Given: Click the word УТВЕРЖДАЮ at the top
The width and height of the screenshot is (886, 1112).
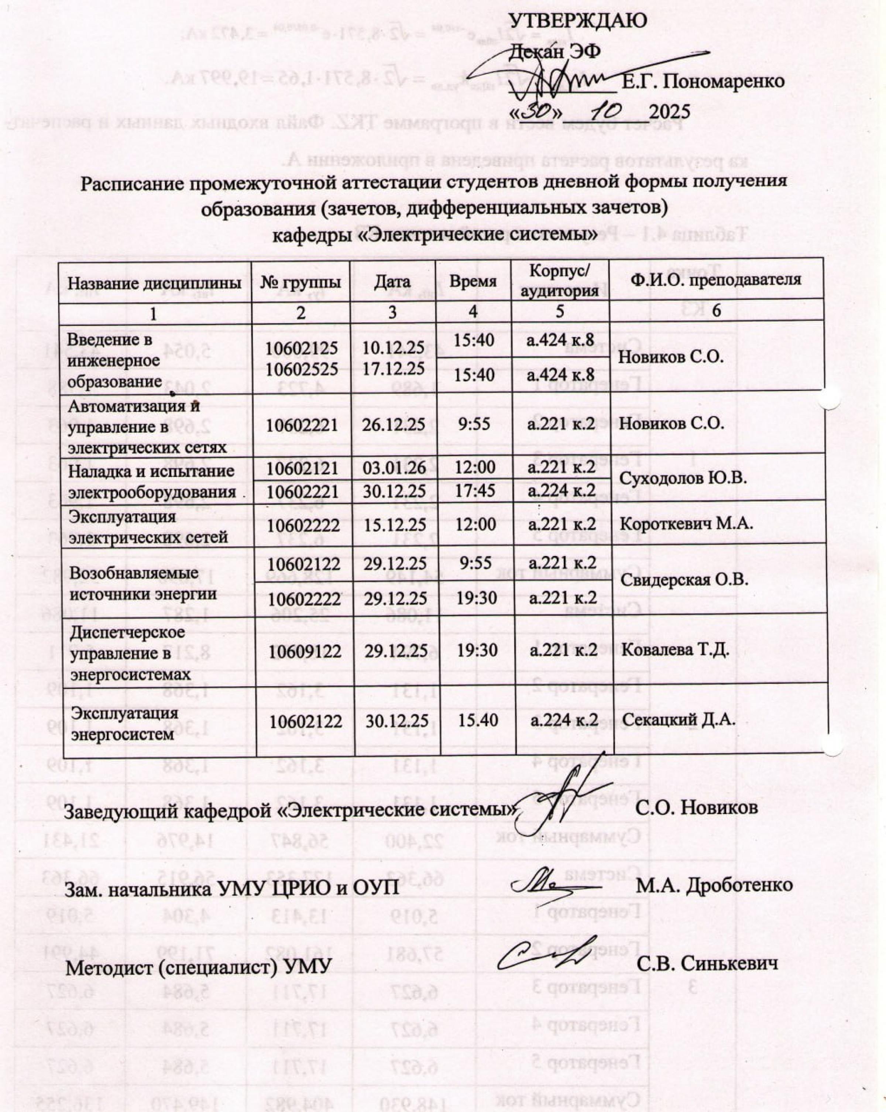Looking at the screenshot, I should point(578,22).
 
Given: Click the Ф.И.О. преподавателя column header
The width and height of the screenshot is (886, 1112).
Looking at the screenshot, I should point(716,280).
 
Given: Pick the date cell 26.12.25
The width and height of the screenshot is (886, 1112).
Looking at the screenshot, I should point(394,425).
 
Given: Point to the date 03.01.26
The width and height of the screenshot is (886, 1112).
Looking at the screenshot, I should point(394,468).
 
